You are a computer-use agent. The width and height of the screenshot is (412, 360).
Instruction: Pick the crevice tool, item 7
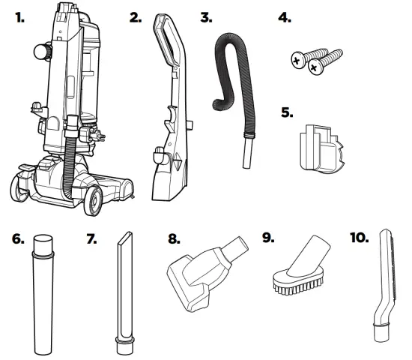point(123,292)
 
